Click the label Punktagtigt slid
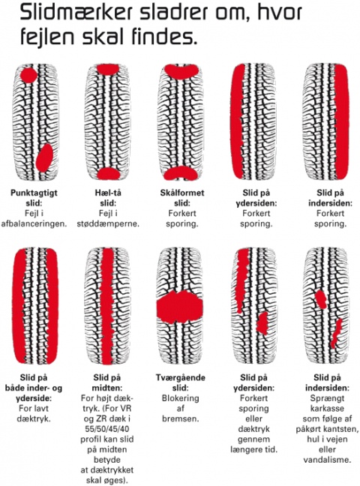pyautogui.click(x=34, y=198)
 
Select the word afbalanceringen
pyautogui.click(x=34, y=223)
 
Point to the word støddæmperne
pyautogui.click(x=108, y=223)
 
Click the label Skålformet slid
pyautogui.click(x=182, y=198)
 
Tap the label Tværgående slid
pyautogui.click(x=181, y=382)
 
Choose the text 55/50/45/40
pyautogui.click(x=107, y=429)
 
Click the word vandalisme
pyautogui.click(x=327, y=460)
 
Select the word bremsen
pyautogui.click(x=180, y=418)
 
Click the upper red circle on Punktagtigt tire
pyautogui.click(x=28, y=75)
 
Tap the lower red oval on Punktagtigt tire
pyautogui.click(x=44, y=157)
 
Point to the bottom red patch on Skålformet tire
pyautogui.click(x=181, y=173)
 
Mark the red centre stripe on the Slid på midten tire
pyautogui.click(x=107, y=306)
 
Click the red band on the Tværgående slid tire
pyautogui.click(x=179, y=307)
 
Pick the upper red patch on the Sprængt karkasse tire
pyautogui.click(x=321, y=299)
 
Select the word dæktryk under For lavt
pyautogui.click(x=34, y=418)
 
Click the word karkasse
pyautogui.click(x=327, y=409)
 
